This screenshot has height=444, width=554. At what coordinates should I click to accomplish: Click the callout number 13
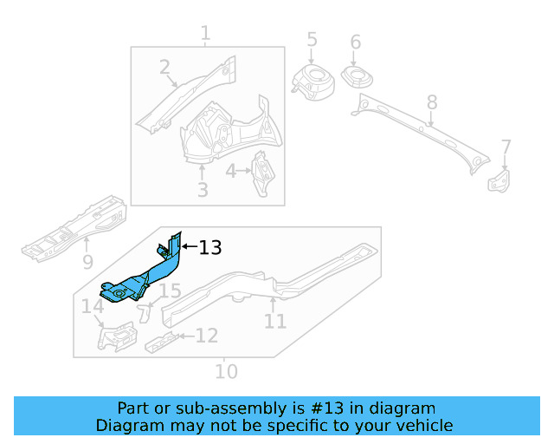pos(210,248)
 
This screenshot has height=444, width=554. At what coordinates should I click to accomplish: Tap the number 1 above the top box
pos(205,35)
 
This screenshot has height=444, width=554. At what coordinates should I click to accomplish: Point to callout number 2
pos(165,67)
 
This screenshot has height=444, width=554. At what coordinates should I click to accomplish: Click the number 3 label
pos(203,189)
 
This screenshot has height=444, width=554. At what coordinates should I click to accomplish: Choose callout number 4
pos(231,172)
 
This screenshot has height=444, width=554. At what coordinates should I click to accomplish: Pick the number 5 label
pos(312,40)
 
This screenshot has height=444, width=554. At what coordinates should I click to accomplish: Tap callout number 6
pos(355,42)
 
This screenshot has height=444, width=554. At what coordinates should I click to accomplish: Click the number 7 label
pos(506,147)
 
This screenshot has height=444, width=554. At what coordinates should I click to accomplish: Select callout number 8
pos(432,105)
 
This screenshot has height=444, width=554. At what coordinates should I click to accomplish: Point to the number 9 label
pos(87,261)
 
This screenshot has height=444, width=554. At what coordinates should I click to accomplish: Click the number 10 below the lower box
pos(225,372)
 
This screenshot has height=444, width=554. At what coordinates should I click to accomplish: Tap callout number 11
pos(274,322)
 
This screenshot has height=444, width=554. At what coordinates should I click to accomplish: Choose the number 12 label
pos(206,335)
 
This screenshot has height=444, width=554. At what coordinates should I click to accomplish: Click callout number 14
pos(92,306)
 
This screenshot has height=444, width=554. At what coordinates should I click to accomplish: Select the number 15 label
pos(169,291)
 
